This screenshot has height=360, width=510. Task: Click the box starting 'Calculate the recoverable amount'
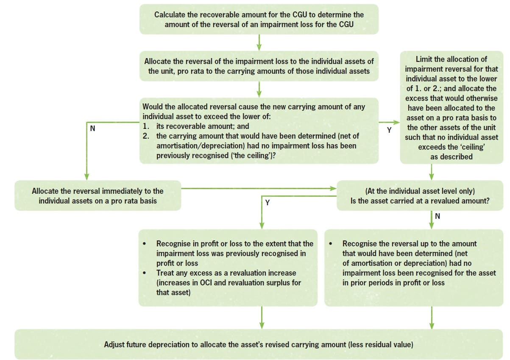[259, 20]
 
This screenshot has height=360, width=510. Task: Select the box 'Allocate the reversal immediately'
[98, 196]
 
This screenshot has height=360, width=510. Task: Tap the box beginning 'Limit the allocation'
[451, 108]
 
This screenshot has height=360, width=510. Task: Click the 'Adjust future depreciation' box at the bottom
[258, 344]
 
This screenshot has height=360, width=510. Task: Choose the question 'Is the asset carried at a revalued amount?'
[420, 201]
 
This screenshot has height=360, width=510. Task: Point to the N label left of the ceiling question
[92, 128]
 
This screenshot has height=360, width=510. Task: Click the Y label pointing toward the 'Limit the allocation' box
[389, 130]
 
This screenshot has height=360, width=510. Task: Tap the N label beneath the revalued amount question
[438, 216]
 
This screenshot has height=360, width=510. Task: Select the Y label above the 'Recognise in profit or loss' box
[267, 203]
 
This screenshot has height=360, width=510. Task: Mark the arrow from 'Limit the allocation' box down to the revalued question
[431, 172]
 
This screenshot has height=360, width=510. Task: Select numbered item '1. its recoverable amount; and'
[196, 126]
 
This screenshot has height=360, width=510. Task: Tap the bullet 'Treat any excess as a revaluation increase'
[226, 273]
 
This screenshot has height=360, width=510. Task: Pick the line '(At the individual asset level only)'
[420, 191]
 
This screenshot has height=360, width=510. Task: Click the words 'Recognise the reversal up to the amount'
[409, 244]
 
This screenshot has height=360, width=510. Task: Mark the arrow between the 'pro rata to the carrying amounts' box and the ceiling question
[259, 89]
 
